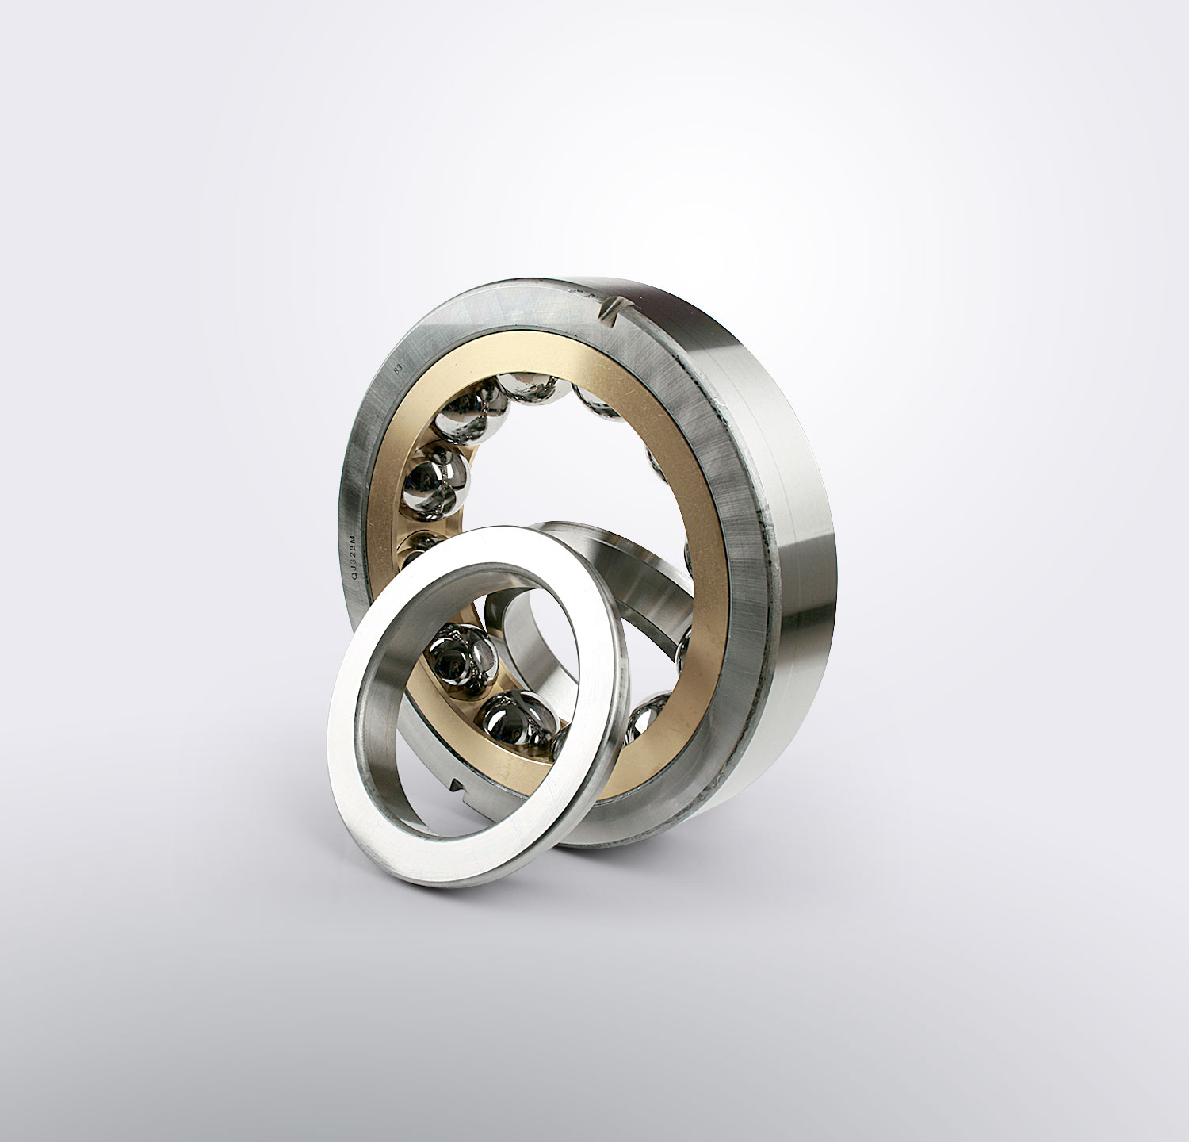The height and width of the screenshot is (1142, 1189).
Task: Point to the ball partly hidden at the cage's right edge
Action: [x=683, y=646]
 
